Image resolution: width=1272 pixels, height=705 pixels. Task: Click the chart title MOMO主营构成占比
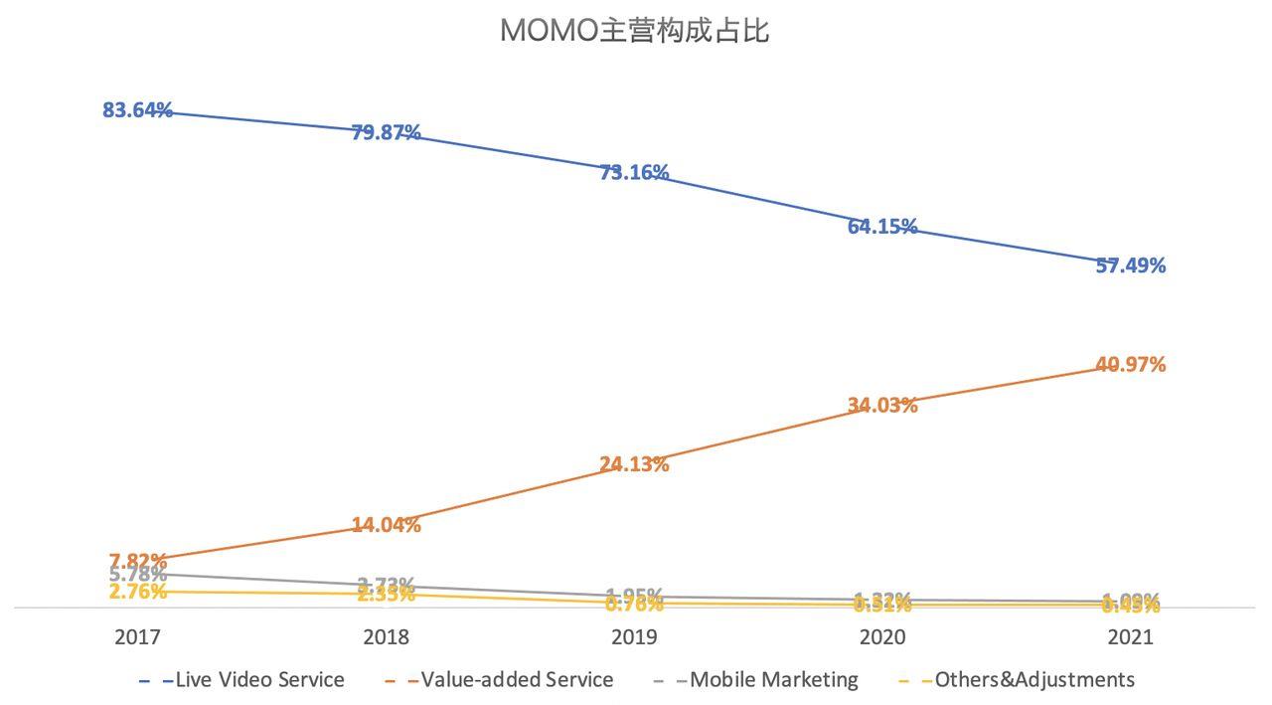634,31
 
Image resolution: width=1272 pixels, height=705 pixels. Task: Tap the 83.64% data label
137,110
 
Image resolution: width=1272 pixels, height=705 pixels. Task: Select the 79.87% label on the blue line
386,132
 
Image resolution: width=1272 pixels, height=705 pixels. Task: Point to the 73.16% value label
634,172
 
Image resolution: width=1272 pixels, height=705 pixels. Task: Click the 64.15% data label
882,226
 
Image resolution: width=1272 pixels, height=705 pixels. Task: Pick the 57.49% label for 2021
1131,265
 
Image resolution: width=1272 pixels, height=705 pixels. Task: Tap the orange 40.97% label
1131,365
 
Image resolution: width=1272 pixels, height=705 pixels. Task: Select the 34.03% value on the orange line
882,405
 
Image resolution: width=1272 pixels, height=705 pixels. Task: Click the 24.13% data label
634,463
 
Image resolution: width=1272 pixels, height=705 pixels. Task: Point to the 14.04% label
386,524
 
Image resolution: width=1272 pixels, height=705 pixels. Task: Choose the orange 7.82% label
137,561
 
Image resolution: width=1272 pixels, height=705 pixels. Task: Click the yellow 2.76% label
137,593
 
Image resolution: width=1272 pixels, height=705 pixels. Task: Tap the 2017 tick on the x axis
137,637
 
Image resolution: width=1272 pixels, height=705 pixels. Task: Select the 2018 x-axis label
386,637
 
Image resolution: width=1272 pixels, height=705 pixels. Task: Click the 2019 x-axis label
634,637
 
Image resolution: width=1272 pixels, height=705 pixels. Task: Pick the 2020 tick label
882,637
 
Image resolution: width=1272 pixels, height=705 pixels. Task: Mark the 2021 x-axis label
1131,637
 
